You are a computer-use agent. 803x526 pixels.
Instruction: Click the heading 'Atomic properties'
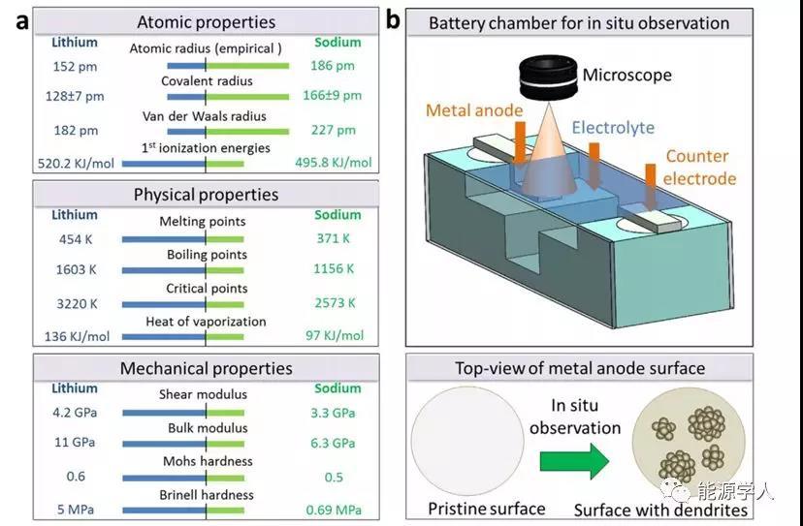pos(206,21)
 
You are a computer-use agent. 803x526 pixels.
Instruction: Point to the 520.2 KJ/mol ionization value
pos(71,164)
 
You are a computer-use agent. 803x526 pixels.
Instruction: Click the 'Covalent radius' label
pos(206,80)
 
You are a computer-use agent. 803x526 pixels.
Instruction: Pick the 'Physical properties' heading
pos(206,195)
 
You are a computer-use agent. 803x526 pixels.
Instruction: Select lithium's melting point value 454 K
pos(77,238)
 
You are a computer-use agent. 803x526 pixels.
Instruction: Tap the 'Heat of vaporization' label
pos(206,322)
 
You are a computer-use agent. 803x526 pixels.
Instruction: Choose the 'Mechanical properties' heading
pos(206,368)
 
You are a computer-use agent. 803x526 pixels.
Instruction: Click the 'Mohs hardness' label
pos(206,461)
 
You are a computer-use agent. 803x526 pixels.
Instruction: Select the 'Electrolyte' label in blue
pos(613,127)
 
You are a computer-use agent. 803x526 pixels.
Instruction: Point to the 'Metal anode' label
pos(473,110)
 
